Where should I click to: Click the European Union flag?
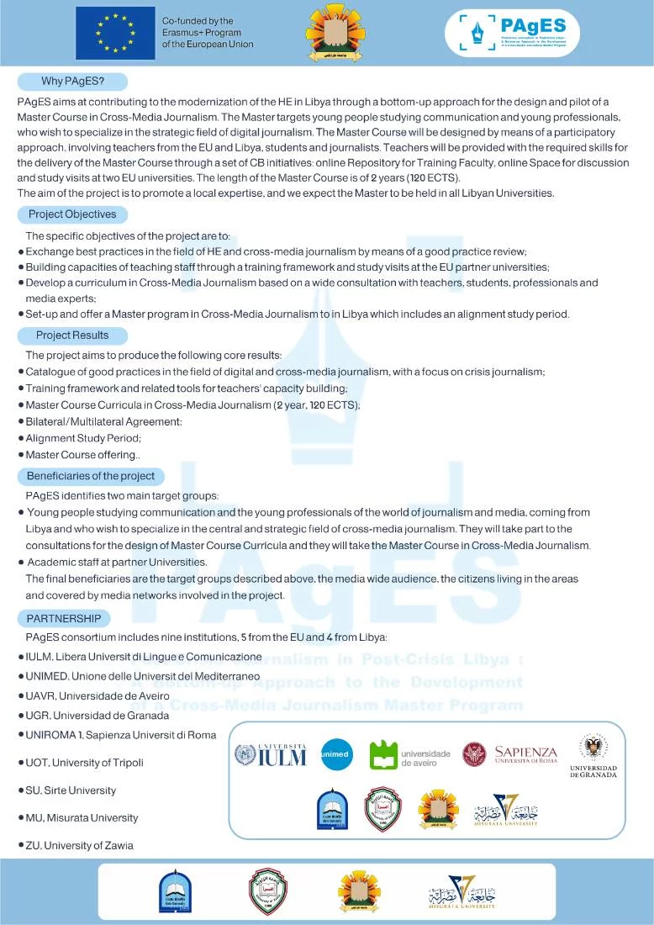point(115,33)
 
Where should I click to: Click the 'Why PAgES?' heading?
point(72,82)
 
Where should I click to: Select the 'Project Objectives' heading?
point(72,214)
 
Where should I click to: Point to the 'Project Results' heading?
point(72,335)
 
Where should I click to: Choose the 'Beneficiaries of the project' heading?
point(91,476)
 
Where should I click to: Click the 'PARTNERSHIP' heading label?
point(63,618)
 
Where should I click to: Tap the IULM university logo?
point(270,754)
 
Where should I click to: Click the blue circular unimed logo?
point(336,754)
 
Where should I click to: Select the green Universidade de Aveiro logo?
point(410,755)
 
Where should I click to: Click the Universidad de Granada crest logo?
point(593,755)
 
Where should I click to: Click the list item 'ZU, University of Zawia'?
point(79,845)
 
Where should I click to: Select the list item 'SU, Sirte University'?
point(71,790)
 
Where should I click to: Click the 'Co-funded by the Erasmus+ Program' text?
point(208,33)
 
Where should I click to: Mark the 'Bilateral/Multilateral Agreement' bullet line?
point(103,421)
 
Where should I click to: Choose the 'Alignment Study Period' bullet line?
point(83,438)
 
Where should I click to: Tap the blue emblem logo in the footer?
point(175,892)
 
